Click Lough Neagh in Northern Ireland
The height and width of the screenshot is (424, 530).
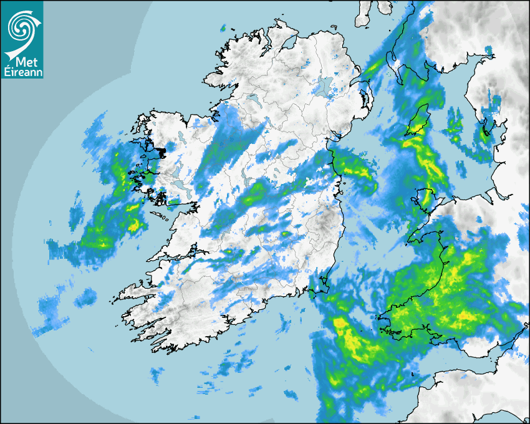322,87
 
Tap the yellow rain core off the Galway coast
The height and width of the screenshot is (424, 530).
133,224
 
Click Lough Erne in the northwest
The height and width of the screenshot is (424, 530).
254,100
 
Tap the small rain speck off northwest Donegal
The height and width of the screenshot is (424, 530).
223,28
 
